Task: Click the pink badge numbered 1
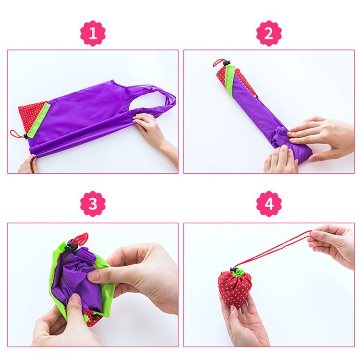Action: pyautogui.click(x=93, y=33)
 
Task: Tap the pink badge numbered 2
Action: pyautogui.click(x=269, y=33)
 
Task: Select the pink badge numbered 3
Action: pyautogui.click(x=93, y=204)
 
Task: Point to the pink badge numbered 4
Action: pyautogui.click(x=269, y=204)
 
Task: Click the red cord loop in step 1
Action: pyautogui.click(x=16, y=133)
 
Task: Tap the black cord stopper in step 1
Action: pyautogui.click(x=25, y=136)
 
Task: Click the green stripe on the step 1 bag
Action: pyautogui.click(x=39, y=120)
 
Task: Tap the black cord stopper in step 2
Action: pyautogui.click(x=227, y=62)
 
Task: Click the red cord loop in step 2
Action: pyautogui.click(x=218, y=62)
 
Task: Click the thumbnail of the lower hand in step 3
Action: pyautogui.click(x=76, y=301)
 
